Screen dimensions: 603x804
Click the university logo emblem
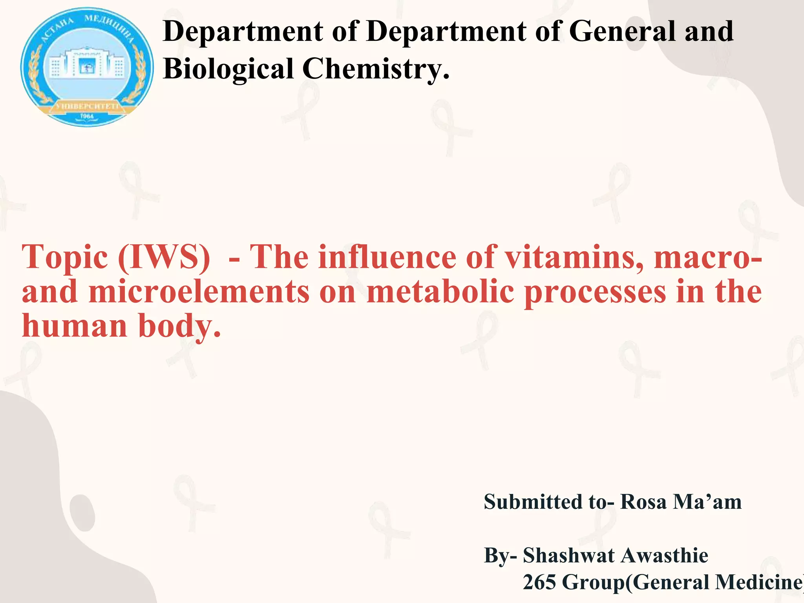click(x=87, y=67)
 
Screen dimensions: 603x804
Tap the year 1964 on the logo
click(x=87, y=117)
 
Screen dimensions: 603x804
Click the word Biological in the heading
click(x=228, y=69)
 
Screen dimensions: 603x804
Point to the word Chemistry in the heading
click(x=375, y=69)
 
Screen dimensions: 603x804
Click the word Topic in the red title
click(x=65, y=258)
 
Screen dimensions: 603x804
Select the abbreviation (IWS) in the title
click(x=164, y=258)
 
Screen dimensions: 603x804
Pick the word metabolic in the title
click(x=440, y=292)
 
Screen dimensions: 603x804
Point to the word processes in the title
click(x=595, y=293)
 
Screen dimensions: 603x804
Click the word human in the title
click(x=75, y=326)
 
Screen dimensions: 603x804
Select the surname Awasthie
click(x=664, y=555)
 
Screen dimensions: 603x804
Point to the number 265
click(x=539, y=582)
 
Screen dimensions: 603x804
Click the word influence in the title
click(x=387, y=258)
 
